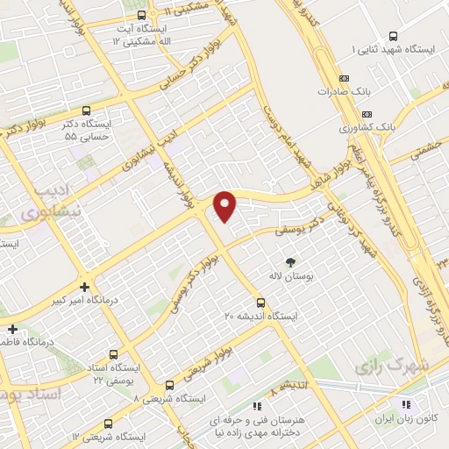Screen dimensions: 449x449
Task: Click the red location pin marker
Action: click(x=225, y=206)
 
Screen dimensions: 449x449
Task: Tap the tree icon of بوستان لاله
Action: click(x=290, y=261)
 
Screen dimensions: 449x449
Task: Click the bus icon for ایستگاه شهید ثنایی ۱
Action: click(x=392, y=37)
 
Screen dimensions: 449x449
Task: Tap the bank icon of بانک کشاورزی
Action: click(x=367, y=113)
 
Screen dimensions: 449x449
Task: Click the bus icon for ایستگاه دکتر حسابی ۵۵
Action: click(x=85, y=111)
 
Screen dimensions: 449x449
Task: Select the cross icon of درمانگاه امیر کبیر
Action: click(x=84, y=287)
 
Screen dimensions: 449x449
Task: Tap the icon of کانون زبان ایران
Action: click(x=406, y=404)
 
